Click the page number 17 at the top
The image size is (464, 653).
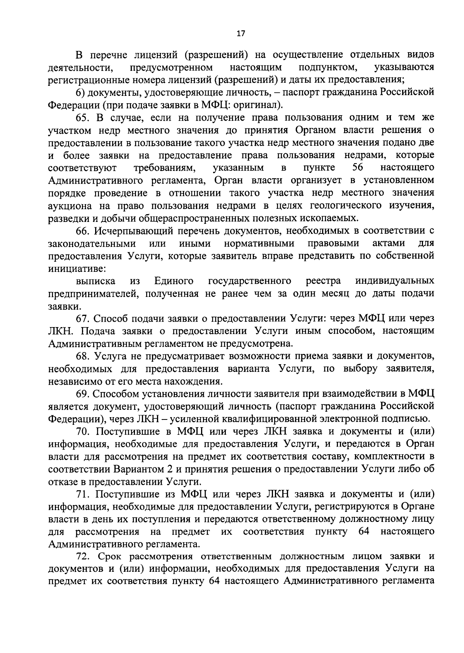tap(241, 34)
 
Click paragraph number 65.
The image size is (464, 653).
tap(82, 117)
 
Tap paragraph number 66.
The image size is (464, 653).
tap(82, 231)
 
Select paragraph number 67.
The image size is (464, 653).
tap(82, 319)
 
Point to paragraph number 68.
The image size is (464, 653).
tap(82, 356)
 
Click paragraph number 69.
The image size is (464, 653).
tap(82, 394)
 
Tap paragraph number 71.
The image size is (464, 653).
tap(83, 494)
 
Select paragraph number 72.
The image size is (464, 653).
tap(83, 557)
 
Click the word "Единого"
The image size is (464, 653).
tap(174, 281)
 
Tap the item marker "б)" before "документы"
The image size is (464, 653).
tap(80, 92)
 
